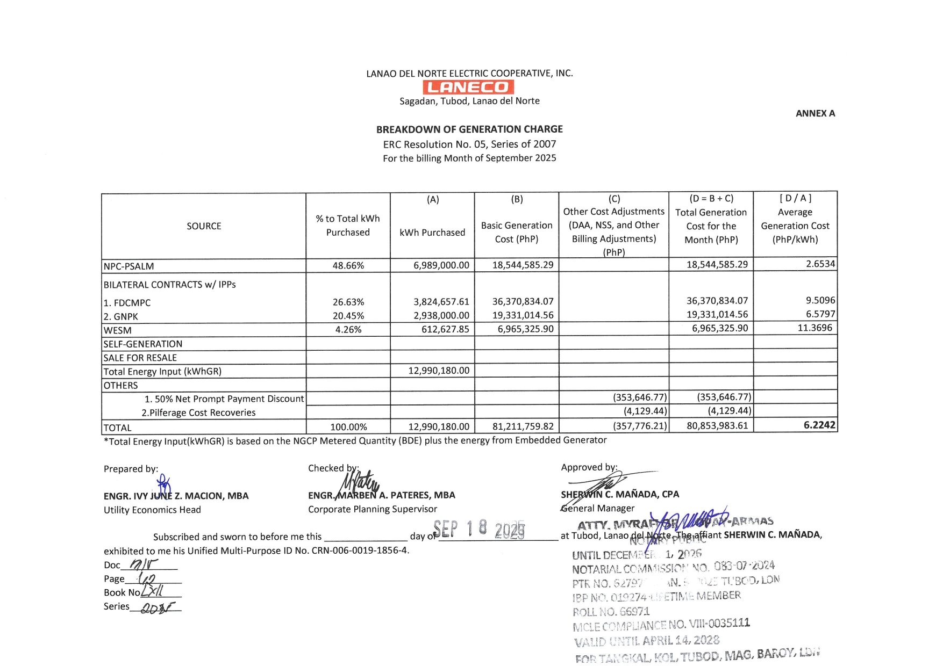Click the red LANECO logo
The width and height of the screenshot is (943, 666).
(468, 87)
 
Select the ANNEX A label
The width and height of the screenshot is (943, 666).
(815, 113)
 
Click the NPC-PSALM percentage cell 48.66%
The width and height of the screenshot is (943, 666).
(348, 265)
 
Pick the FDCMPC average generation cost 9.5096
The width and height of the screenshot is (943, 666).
(820, 300)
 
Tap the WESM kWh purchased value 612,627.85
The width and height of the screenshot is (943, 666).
(445, 329)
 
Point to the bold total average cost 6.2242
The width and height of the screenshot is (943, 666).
(819, 425)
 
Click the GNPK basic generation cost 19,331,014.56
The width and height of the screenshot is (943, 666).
(523, 315)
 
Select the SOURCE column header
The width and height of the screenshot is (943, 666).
(204, 226)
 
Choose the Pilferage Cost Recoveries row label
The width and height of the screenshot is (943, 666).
(198, 412)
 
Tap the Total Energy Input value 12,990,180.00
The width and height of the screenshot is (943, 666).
(439, 371)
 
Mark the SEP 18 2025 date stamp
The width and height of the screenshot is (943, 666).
(479, 530)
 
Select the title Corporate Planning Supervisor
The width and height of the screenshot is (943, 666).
(373, 509)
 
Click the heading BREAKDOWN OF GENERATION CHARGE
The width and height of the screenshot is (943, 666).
(469, 129)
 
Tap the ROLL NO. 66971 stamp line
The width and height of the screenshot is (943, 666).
(611, 612)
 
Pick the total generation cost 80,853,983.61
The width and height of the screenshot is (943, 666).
(717, 426)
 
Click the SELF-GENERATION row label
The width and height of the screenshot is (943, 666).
(143, 344)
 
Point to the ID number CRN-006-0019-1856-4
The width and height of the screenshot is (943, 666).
(360, 551)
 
